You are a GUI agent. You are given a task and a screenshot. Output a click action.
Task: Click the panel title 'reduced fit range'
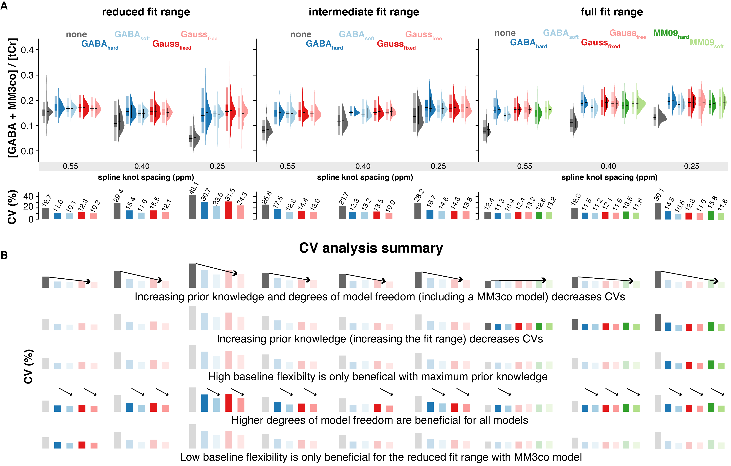(x=146, y=12)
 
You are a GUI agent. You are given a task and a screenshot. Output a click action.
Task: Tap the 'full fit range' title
(x=612, y=12)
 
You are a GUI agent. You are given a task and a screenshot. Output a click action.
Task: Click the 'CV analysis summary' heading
(x=371, y=248)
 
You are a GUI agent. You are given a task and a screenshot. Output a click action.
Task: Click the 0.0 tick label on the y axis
(x=27, y=151)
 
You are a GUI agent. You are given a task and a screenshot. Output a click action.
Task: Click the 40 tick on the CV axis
(x=28, y=197)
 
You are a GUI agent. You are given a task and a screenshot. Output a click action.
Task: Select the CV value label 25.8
(x=266, y=198)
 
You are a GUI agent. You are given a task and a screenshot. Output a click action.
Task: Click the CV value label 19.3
(x=576, y=200)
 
